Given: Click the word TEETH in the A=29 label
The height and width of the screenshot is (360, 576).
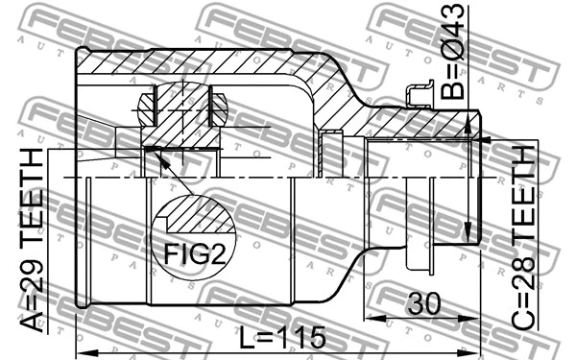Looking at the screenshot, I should pos(36,197).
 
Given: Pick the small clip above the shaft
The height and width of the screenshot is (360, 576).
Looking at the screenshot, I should pos(420,94).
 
